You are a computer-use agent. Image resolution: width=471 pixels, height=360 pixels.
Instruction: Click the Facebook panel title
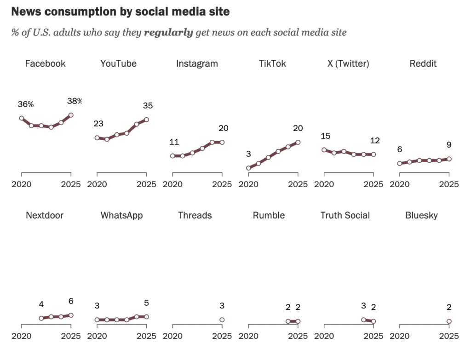45,64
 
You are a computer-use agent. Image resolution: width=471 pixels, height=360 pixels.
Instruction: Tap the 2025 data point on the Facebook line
71,115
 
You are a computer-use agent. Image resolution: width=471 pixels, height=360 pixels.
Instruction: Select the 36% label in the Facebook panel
26,104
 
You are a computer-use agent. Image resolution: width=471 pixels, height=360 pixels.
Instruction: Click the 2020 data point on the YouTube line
97,137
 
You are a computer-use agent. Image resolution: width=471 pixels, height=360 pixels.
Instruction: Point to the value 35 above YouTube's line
148,106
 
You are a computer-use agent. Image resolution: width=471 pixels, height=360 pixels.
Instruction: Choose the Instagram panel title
197,64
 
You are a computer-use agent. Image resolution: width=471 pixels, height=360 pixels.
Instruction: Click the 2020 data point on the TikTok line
248,168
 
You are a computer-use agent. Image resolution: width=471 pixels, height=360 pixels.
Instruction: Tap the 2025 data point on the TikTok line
298,142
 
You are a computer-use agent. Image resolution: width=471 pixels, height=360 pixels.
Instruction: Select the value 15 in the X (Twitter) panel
326,136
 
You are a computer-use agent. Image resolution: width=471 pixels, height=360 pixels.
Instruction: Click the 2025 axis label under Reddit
449,184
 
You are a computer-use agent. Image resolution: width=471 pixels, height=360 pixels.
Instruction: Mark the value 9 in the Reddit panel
448,145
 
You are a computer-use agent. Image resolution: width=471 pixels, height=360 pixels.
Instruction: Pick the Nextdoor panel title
45,216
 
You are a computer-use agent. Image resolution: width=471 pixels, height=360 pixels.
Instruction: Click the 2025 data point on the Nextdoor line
71,315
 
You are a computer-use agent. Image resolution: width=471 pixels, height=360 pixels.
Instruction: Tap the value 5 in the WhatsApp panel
146,303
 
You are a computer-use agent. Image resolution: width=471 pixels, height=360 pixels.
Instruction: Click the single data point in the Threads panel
222,320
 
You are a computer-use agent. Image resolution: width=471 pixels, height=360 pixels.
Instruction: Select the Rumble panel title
269,216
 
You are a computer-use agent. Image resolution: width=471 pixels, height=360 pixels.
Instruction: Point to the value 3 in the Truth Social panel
363,306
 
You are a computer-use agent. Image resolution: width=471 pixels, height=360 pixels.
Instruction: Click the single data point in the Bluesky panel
449,321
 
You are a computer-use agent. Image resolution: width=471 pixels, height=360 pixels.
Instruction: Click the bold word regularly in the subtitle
168,33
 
